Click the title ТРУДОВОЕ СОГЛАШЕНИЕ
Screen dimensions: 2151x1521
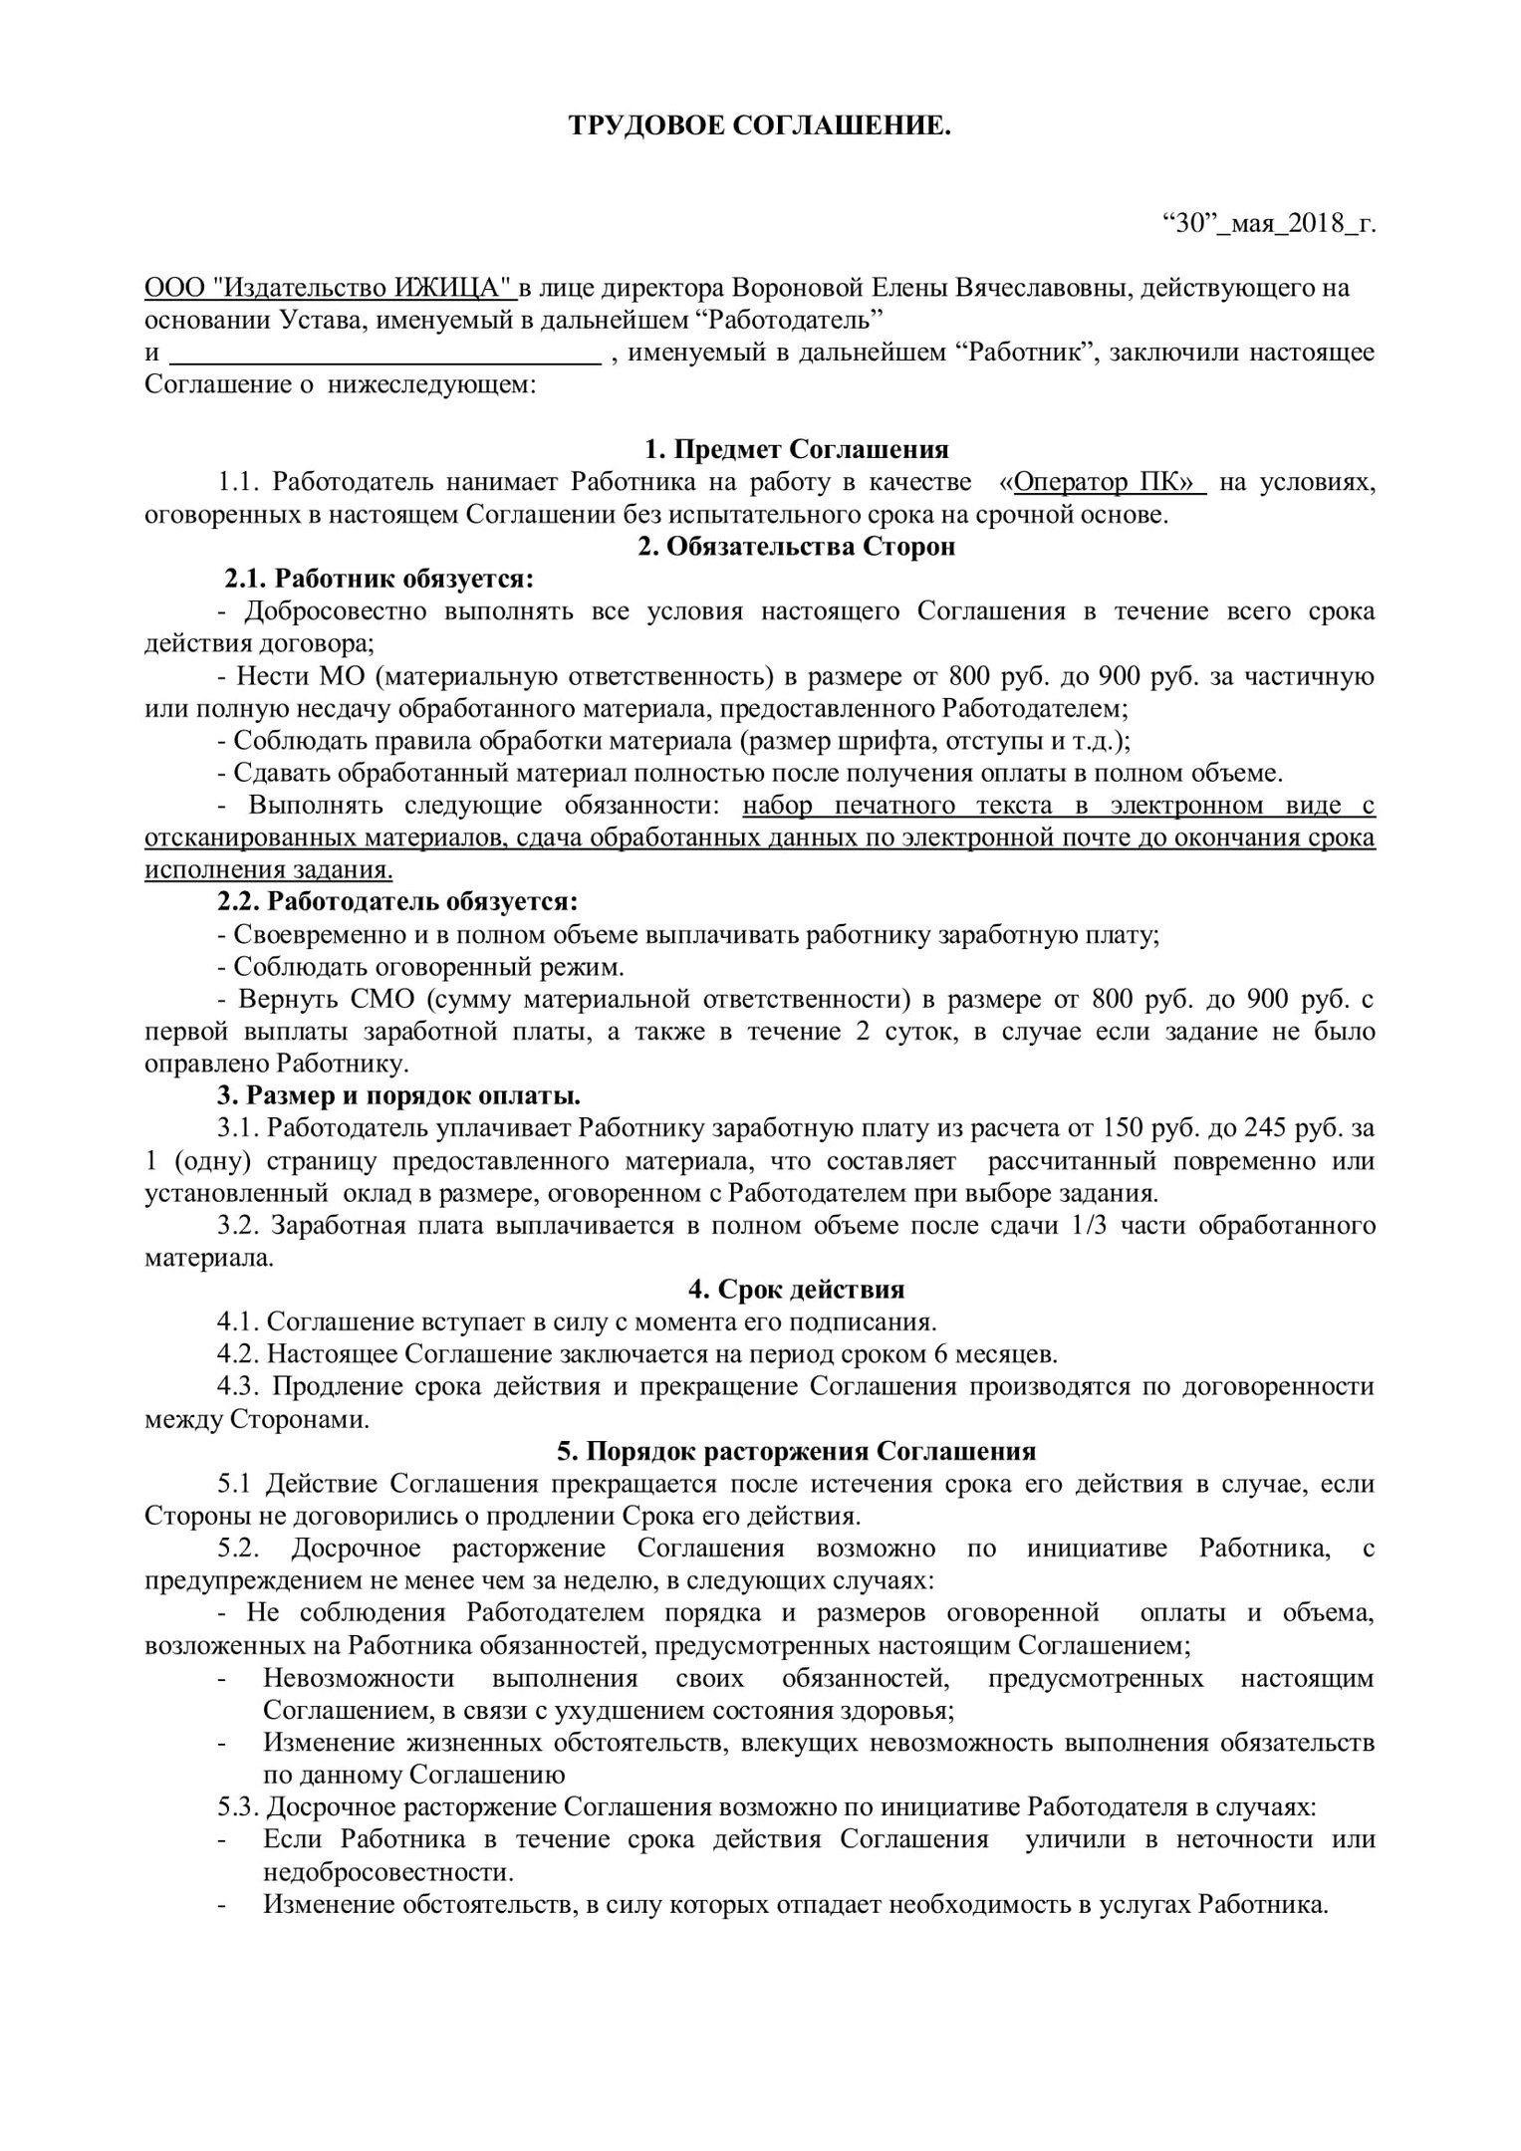click(760, 126)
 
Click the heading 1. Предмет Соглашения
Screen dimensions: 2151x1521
click(797, 449)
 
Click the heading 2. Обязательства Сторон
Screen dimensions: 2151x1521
click(797, 547)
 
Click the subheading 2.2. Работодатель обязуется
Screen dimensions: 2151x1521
click(397, 902)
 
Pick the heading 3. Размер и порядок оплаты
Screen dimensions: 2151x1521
click(398, 1096)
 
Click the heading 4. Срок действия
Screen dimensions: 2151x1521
click(797, 1290)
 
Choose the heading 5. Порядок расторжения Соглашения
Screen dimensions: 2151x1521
click(797, 1451)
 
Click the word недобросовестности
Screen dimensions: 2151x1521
click(388, 1872)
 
